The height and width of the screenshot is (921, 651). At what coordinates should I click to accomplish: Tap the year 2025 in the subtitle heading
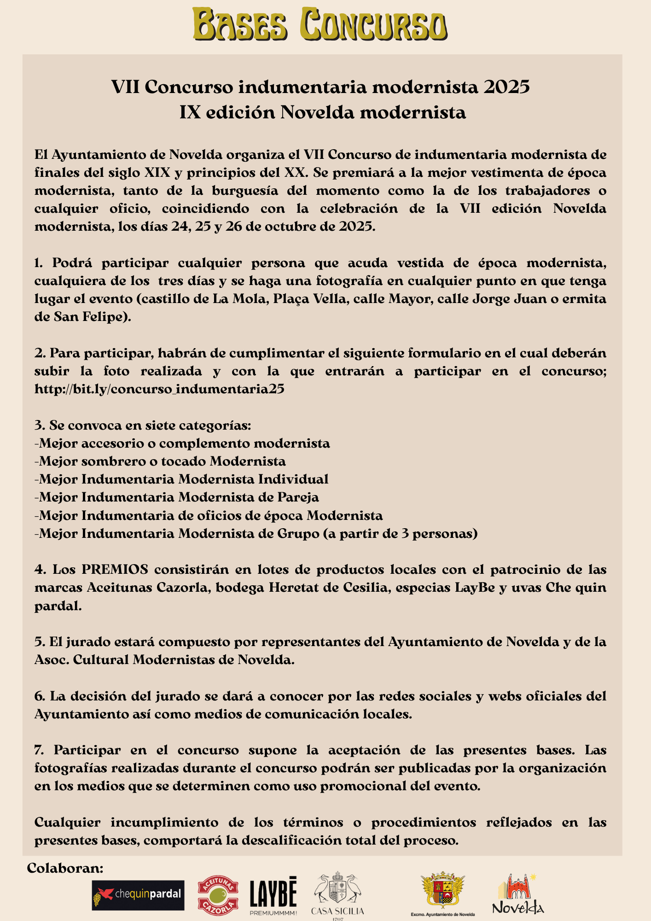click(x=506, y=87)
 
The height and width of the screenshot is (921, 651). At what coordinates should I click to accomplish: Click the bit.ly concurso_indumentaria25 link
click(x=159, y=389)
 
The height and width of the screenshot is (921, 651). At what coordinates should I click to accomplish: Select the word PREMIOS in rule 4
click(x=115, y=570)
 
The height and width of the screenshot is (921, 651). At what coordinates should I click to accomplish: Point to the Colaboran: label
click(x=65, y=869)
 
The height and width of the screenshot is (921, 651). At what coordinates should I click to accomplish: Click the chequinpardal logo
click(x=138, y=895)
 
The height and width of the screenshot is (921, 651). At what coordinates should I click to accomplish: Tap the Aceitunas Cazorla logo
click(x=218, y=895)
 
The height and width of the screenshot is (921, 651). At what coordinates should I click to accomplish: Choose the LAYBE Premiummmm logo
click(x=273, y=896)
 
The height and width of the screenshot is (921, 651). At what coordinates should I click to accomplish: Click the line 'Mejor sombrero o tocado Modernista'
click(x=160, y=461)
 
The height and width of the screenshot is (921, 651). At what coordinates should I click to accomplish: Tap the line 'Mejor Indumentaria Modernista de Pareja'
click(x=177, y=497)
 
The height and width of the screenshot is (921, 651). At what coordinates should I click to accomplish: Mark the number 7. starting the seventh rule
click(x=39, y=750)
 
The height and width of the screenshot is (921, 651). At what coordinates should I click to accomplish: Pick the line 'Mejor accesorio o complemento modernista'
click(x=182, y=443)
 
